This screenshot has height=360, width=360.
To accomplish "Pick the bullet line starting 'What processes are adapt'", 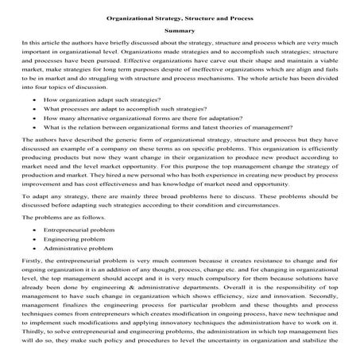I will (x=119, y=113).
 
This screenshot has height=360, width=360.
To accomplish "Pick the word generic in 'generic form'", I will (x=128, y=151).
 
